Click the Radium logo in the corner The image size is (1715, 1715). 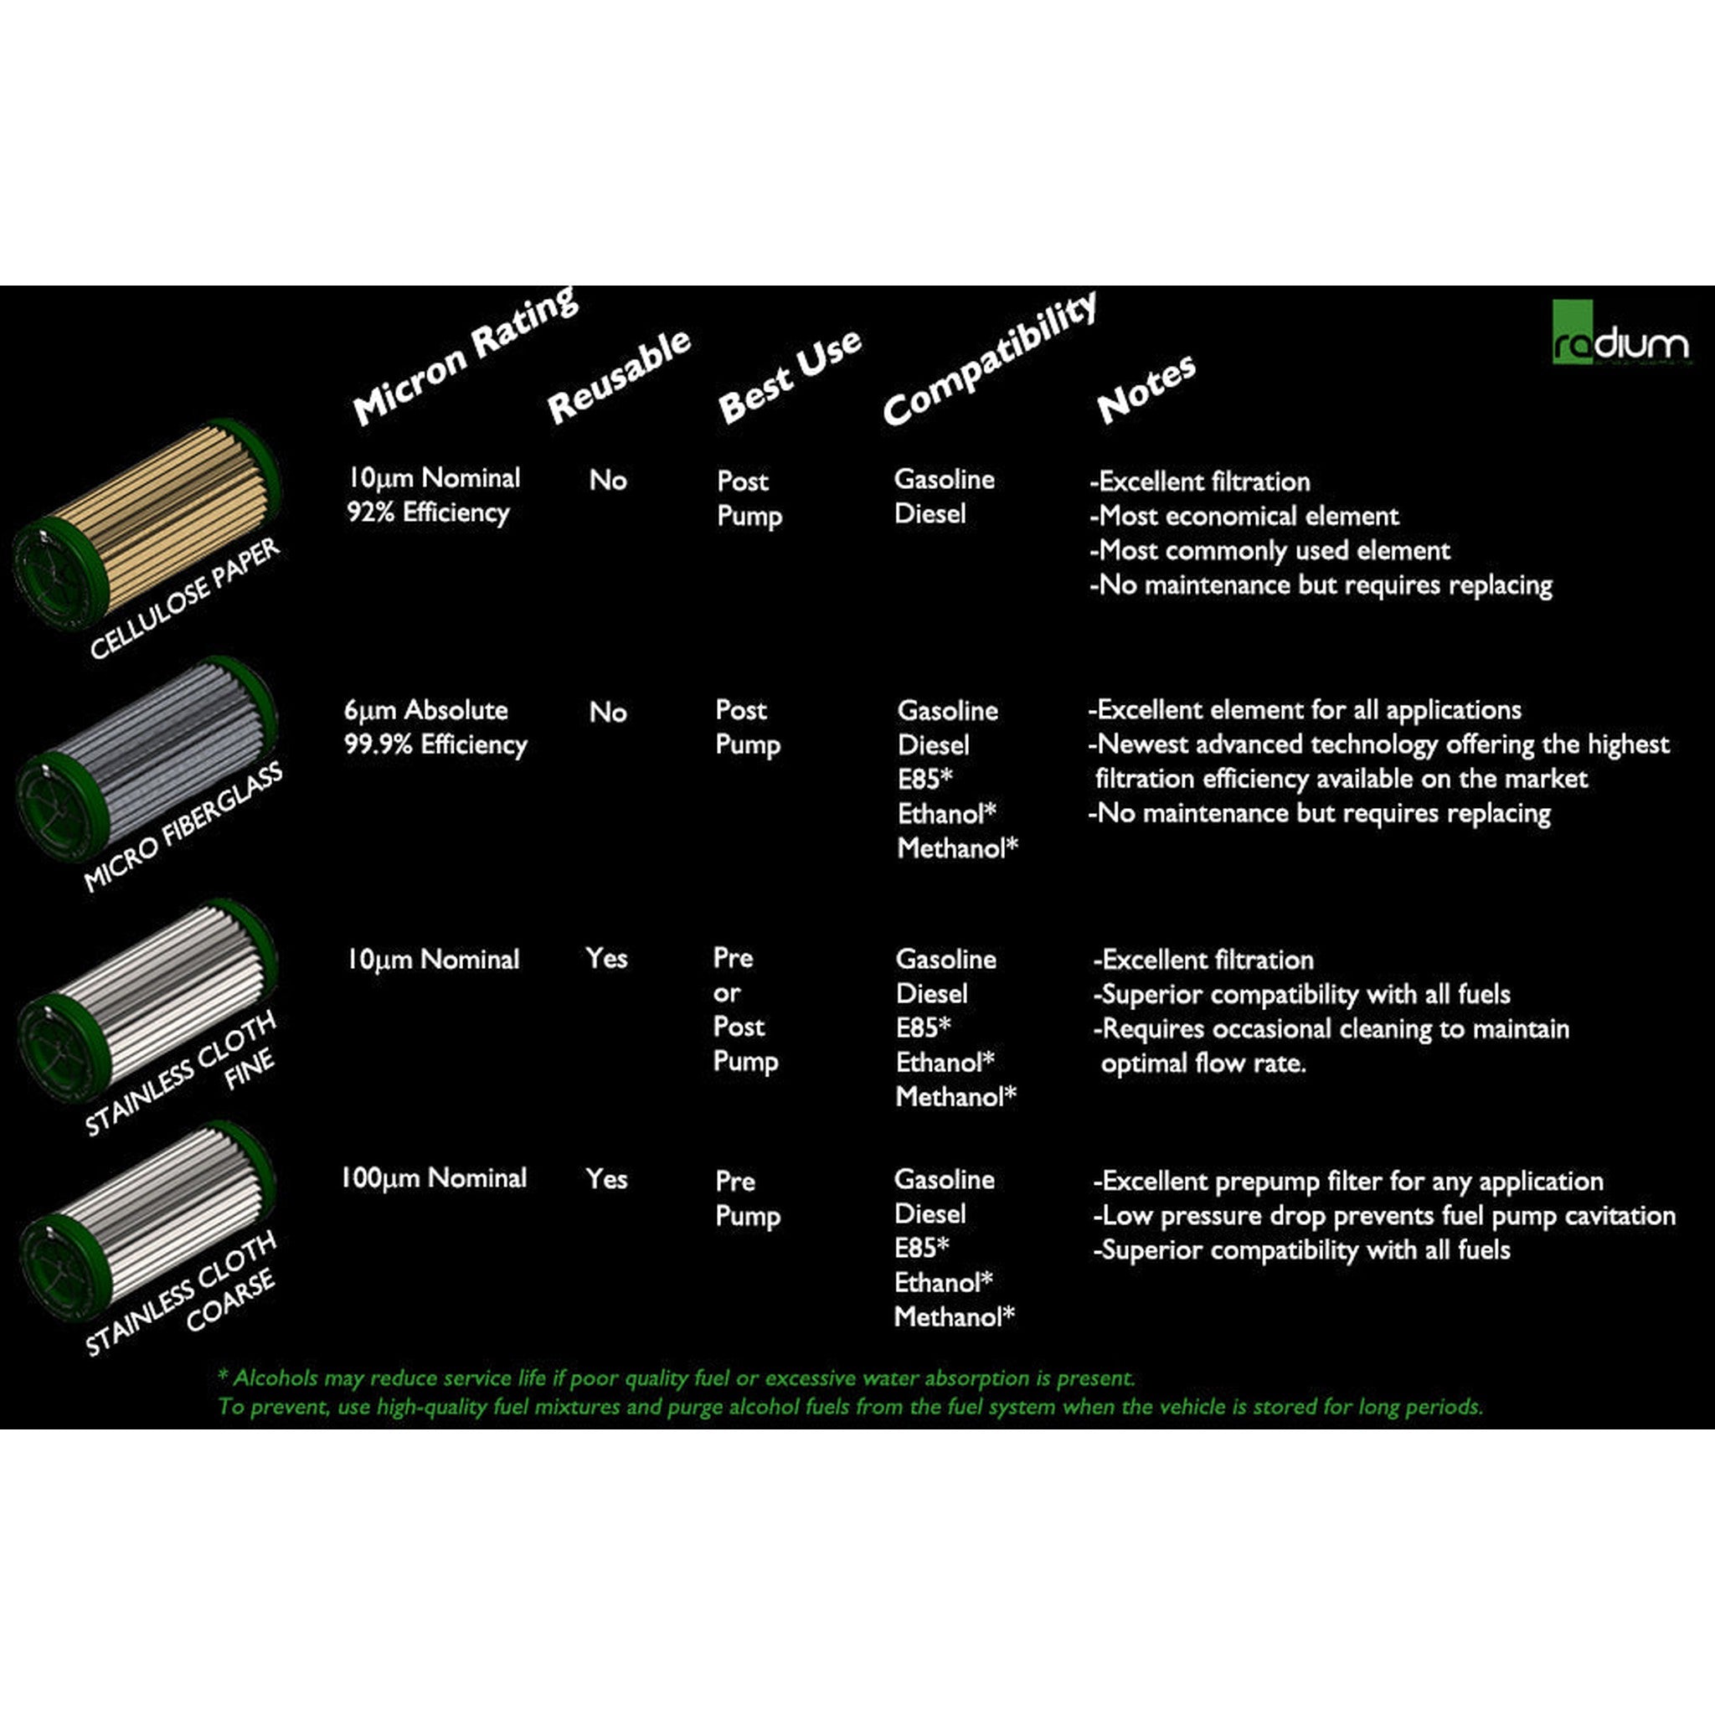[x=1620, y=333]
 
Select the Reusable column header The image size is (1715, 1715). [x=619, y=375]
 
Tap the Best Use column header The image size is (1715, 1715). [x=789, y=375]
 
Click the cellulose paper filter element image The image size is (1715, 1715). [x=147, y=523]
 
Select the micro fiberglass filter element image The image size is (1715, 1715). [x=147, y=759]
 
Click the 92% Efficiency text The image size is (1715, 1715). [x=428, y=512]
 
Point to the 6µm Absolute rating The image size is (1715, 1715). [x=426, y=710]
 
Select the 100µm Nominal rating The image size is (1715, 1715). [x=434, y=1178]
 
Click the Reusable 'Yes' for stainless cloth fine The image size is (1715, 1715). [x=606, y=959]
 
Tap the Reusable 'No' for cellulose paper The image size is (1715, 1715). [x=608, y=480]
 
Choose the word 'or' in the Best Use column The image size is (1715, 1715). [x=726, y=992]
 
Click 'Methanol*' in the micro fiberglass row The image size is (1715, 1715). [x=957, y=847]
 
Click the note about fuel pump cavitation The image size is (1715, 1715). [x=1385, y=1215]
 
